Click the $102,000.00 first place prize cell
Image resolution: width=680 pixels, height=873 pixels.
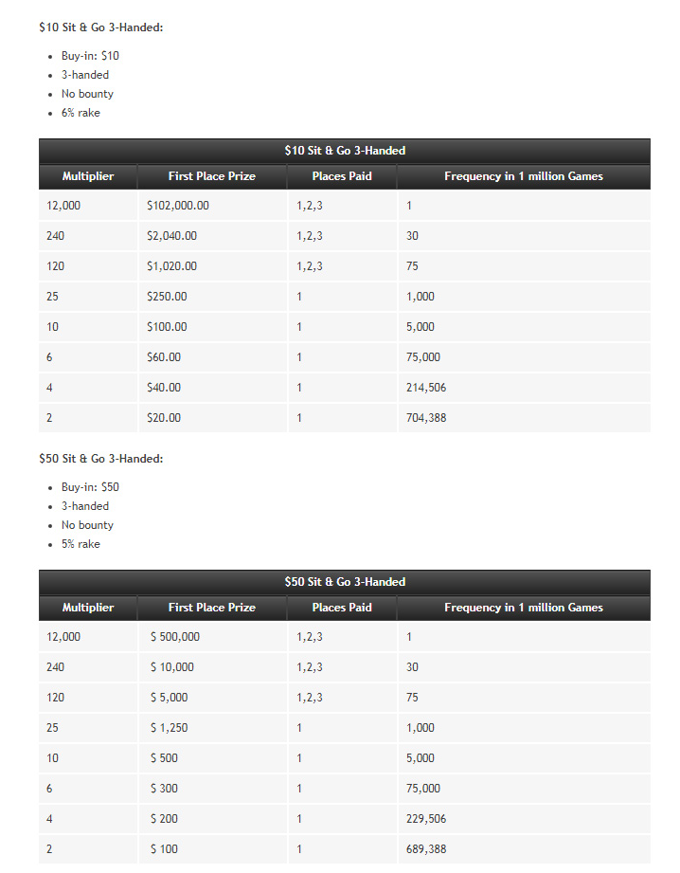(178, 206)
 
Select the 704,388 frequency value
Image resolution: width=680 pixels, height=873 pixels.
(426, 418)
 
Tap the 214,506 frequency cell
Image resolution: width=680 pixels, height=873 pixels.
(426, 388)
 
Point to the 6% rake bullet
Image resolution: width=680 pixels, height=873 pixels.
(81, 113)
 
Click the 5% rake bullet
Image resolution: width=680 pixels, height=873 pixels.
(81, 544)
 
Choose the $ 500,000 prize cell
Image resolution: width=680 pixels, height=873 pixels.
(175, 637)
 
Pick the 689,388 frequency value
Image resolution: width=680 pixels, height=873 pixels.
(426, 849)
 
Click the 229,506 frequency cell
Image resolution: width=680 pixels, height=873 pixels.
(426, 819)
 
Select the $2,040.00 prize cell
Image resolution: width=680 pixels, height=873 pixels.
(172, 236)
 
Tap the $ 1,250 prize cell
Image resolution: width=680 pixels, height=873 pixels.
(170, 728)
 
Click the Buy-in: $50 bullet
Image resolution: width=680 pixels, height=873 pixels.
(90, 487)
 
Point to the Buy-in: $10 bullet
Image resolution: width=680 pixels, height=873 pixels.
(90, 56)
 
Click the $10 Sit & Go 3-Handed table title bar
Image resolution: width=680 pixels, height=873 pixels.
(344, 151)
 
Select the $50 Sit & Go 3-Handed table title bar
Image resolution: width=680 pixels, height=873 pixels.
(344, 582)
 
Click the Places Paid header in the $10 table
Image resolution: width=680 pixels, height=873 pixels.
(342, 176)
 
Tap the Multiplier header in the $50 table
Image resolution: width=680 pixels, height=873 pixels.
(88, 608)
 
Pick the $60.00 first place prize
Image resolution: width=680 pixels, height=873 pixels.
(164, 357)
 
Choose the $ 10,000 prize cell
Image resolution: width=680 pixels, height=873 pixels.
(172, 667)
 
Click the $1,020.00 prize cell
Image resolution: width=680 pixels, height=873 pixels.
(172, 266)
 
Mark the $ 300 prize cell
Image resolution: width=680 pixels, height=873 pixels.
(164, 789)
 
